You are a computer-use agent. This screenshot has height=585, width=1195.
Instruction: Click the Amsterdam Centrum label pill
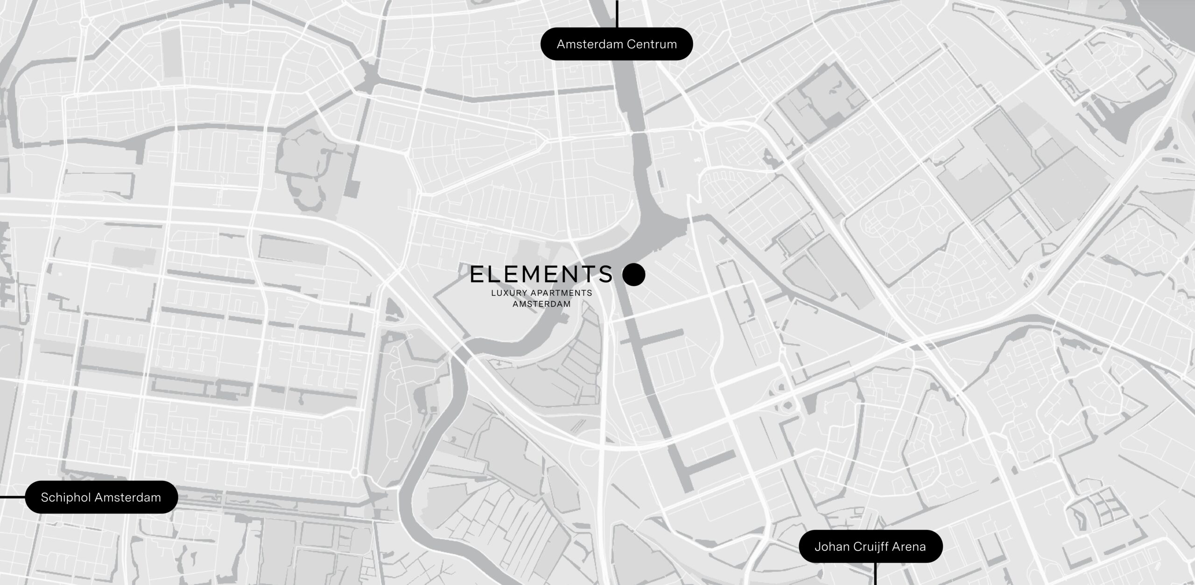point(616,44)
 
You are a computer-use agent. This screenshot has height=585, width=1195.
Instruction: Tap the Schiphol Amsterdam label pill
point(101,497)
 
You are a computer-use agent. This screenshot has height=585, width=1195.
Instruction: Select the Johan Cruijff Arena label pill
point(870,546)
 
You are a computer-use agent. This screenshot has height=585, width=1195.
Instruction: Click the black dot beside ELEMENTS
point(633,274)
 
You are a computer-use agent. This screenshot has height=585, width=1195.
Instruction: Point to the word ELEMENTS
point(541,274)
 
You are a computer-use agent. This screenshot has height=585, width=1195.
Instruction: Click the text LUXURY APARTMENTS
point(541,293)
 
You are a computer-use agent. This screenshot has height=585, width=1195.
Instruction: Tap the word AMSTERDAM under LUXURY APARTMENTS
point(541,304)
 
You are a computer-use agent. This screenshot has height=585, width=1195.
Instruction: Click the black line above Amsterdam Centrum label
point(617,14)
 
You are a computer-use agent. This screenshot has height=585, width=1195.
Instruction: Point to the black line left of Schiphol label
point(12,497)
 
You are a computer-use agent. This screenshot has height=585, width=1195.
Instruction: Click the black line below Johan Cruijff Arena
point(875,574)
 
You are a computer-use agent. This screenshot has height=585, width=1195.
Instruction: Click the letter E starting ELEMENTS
point(478,274)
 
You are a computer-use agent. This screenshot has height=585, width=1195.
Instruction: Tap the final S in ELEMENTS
point(606,274)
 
